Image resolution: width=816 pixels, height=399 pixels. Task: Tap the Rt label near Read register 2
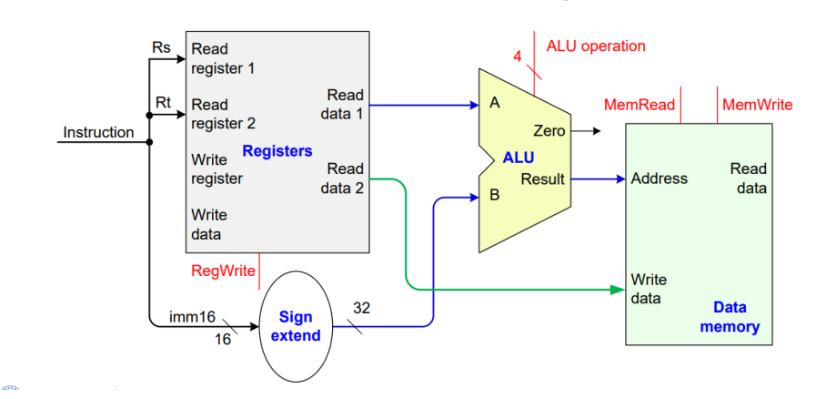(x=163, y=102)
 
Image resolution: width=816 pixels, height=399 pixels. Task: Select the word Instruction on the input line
(x=98, y=132)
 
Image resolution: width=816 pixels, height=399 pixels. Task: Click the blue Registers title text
(x=277, y=150)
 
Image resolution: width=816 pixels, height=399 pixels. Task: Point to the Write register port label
(x=217, y=169)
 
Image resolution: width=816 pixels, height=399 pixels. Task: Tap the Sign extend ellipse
(x=296, y=326)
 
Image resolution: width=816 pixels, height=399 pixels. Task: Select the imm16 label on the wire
(x=192, y=317)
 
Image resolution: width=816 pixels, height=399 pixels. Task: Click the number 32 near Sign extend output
(x=361, y=308)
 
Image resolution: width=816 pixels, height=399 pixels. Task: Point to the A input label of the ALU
(x=495, y=103)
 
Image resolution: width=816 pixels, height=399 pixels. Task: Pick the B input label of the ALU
(x=495, y=193)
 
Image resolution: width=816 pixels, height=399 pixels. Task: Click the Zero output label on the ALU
(x=549, y=131)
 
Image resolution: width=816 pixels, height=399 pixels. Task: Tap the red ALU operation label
(x=595, y=46)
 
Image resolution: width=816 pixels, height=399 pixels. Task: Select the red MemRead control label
(x=639, y=105)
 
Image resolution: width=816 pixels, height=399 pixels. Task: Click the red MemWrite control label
(x=757, y=105)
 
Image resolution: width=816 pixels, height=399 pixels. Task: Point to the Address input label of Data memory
(x=660, y=179)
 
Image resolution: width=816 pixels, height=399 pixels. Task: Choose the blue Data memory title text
(x=730, y=317)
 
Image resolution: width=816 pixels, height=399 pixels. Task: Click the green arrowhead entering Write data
(x=619, y=290)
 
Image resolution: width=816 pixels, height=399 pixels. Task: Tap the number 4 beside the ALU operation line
(x=517, y=56)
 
